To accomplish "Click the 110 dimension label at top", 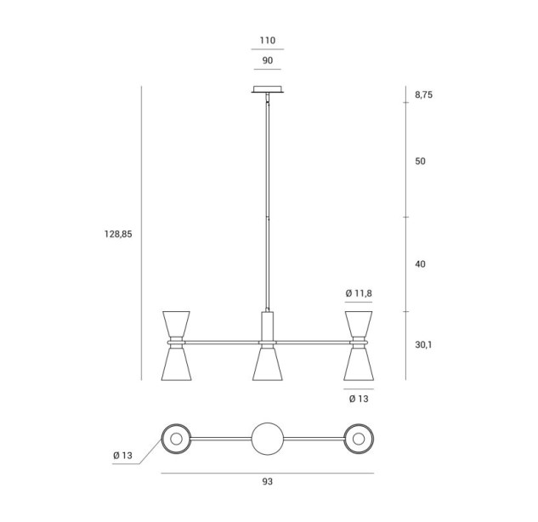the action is point(267,41).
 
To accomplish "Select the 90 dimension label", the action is point(267,60).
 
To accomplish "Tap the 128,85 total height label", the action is point(118,234).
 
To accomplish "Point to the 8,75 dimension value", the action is point(424,94).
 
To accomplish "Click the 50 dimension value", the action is point(420,162).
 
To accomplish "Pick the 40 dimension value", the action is point(420,264).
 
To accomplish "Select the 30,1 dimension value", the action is point(423,345).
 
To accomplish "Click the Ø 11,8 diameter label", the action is point(359,293).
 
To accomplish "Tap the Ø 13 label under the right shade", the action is point(359,399).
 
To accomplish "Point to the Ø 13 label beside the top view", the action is point(122,456).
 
